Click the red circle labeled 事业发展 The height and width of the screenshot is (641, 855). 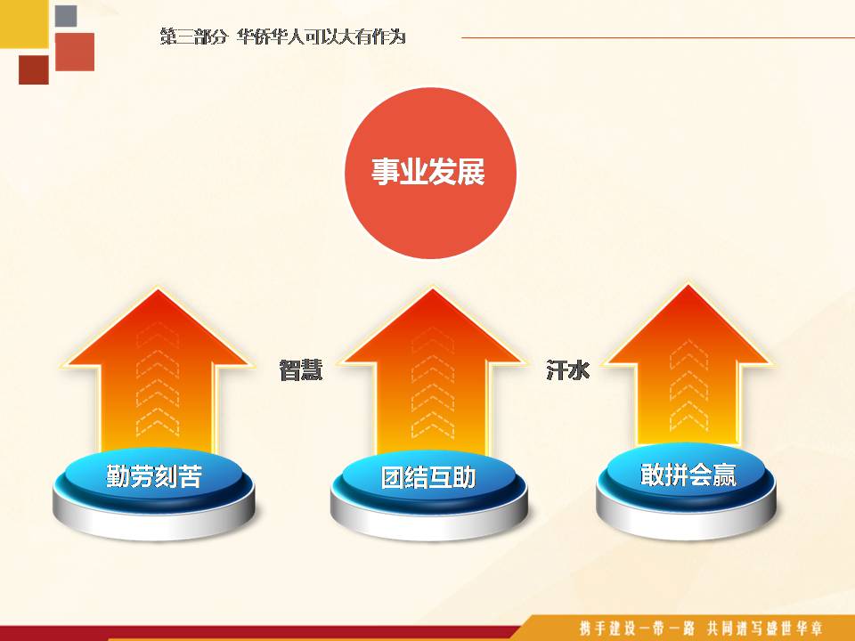pos(430,173)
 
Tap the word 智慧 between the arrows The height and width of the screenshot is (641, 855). pos(301,370)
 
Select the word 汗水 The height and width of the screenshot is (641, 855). pos(567,370)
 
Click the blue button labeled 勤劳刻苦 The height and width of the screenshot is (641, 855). pos(154,493)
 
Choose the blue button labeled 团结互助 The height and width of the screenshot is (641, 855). pos(429,494)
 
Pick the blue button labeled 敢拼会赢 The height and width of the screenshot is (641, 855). pos(687,491)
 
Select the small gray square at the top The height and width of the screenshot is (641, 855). pos(66,16)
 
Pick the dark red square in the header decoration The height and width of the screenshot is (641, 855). pos(34,69)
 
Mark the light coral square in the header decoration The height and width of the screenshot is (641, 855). pos(75,52)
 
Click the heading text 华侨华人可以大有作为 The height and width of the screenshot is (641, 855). pos(322,37)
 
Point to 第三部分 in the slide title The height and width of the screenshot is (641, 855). pos(193,37)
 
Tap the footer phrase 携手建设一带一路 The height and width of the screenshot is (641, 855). pos(637,629)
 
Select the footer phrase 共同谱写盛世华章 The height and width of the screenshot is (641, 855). pos(764,629)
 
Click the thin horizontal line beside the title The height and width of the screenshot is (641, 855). pos(658,37)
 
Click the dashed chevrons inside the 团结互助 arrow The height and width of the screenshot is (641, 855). pos(433,383)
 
